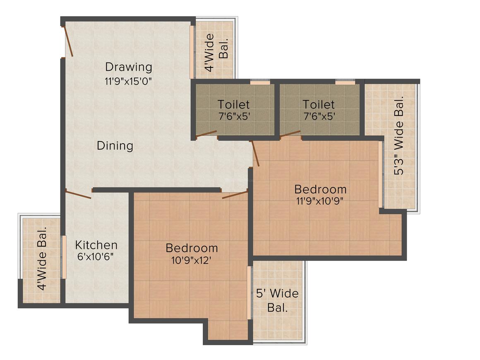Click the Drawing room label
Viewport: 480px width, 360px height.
click(x=128, y=67)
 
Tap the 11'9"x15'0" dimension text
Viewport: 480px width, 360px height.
click(x=128, y=81)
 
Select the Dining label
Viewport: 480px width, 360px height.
click(x=115, y=146)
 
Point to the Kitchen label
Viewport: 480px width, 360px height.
click(x=96, y=245)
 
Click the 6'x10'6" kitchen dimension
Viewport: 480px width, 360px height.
click(x=96, y=257)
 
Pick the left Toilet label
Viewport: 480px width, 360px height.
click(x=234, y=104)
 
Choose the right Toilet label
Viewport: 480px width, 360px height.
click(x=318, y=104)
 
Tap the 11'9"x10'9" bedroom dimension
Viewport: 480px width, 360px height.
click(x=320, y=202)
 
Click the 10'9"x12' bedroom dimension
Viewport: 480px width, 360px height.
click(x=192, y=260)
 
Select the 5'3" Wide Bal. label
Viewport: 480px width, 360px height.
click(x=398, y=137)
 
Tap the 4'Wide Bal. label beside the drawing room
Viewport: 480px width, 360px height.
click(x=216, y=53)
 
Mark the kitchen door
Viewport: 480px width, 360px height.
click(x=78, y=194)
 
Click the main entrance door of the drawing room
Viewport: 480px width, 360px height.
click(x=68, y=41)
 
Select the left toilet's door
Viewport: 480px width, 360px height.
click(x=206, y=134)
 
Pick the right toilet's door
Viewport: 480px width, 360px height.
click(x=290, y=133)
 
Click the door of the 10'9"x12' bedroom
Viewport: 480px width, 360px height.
click(x=235, y=194)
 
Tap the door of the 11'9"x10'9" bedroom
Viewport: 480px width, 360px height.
click(x=255, y=154)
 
